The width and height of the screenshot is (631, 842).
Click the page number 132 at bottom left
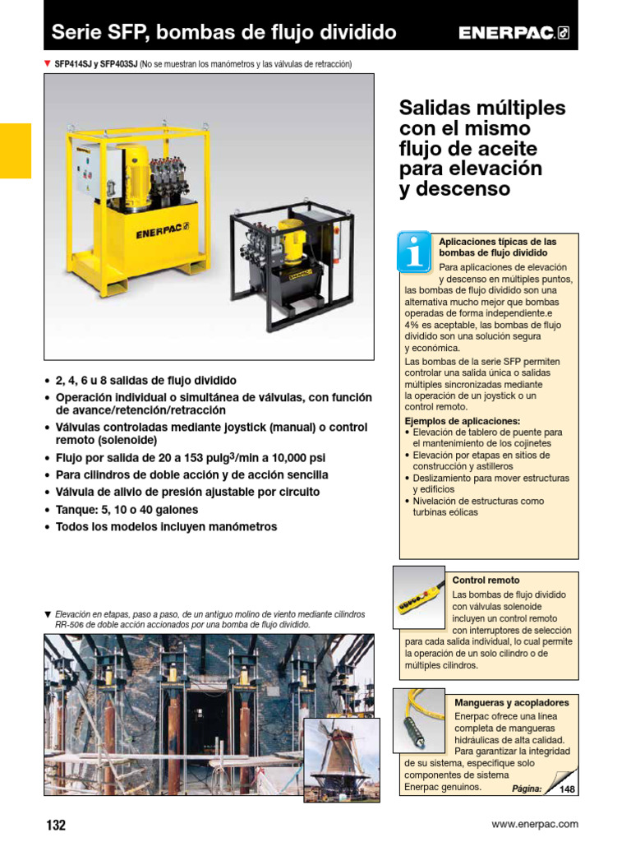tap(54, 825)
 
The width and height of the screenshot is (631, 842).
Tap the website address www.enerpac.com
tap(534, 824)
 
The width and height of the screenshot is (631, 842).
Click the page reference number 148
tap(567, 789)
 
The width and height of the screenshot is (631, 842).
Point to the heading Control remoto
tap(486, 581)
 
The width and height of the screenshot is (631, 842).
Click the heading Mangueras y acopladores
tap(511, 703)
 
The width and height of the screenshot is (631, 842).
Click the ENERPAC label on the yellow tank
tap(161, 233)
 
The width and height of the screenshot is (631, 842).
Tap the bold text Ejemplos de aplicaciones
tap(463, 420)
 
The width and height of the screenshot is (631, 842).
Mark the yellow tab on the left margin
tap(15, 150)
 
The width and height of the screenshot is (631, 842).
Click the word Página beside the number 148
tap(527, 789)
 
